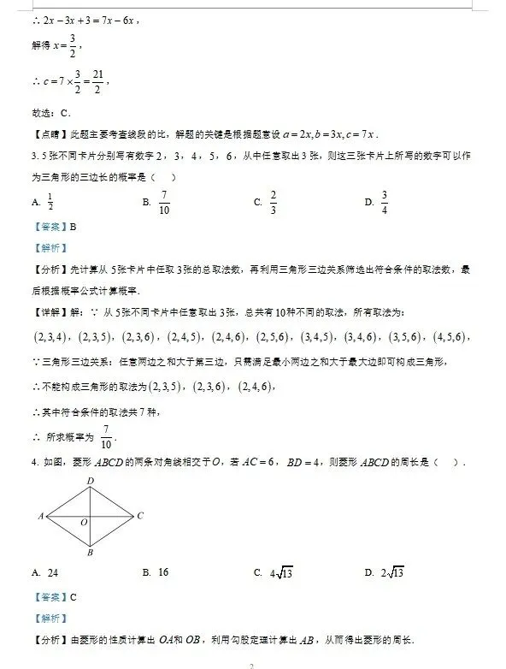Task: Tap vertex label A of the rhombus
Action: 40,516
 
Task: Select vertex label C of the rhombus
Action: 139,515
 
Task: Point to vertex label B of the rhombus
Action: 89,552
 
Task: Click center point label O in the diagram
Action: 84,522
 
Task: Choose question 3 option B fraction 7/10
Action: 164,203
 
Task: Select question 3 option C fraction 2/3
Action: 274,203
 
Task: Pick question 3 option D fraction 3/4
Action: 385,203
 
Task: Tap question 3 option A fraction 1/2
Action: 50,203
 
